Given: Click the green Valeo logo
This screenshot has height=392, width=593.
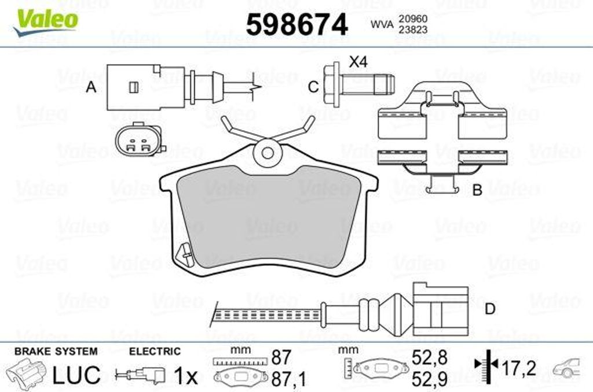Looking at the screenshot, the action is pos(45,23).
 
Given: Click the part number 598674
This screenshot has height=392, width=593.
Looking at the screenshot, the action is pos(297,25).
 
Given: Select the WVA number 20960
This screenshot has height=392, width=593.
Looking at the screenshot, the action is pos(412,19).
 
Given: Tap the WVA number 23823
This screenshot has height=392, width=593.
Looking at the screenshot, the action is pos(412,30).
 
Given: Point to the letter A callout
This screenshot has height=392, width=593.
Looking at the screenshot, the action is pos(91,87).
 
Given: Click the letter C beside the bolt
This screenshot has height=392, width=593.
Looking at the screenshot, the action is pos(313,87).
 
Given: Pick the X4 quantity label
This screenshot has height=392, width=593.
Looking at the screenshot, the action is pos(358,61).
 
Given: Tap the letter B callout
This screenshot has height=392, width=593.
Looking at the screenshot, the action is pos(478,190).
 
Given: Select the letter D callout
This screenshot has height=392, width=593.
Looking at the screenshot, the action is pos(490,309).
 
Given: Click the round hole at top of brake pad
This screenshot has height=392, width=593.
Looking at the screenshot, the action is pos(268,153).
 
